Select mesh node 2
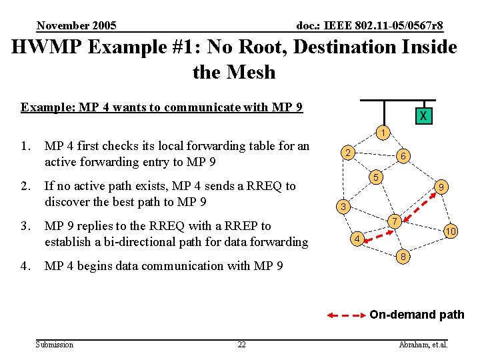[347, 153]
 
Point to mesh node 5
[377, 177]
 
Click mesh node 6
[403, 157]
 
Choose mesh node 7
[395, 221]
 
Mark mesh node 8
[402, 257]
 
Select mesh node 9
[441, 188]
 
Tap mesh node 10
[451, 231]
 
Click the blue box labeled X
[423, 116]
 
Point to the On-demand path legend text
[417, 315]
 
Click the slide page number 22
[241, 345]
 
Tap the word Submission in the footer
[55, 345]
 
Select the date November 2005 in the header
[77, 26]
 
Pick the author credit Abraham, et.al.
[423, 345]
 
